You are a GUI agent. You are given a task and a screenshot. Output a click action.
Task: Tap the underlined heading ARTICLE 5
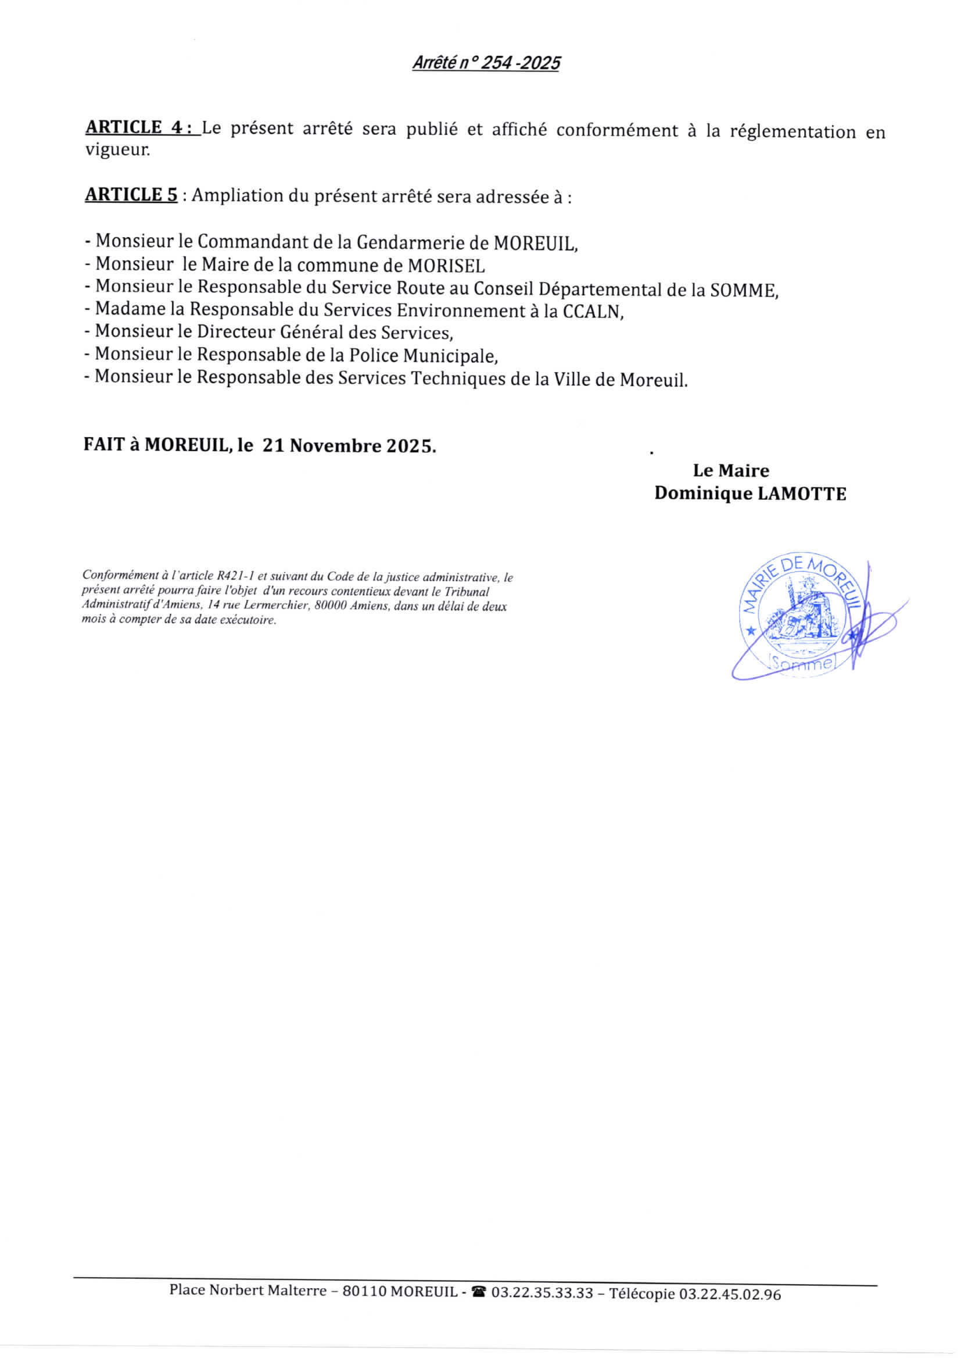(131, 195)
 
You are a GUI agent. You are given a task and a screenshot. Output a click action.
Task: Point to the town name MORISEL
(446, 265)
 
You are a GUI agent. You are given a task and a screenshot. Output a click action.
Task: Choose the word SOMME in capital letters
(743, 290)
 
